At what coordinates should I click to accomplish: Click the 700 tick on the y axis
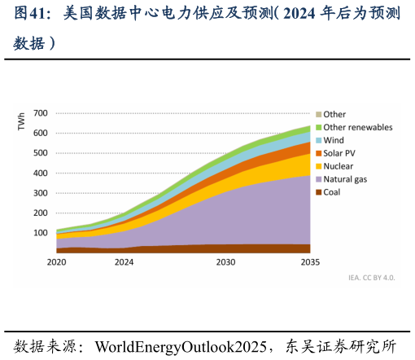click(x=41, y=113)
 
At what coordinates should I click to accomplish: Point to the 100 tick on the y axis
click(x=41, y=233)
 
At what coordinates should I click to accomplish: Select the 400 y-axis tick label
click(x=41, y=173)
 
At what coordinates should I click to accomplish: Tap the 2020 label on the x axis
click(x=56, y=262)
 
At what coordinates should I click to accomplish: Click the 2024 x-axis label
click(x=124, y=262)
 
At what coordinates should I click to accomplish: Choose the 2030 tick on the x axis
click(x=225, y=262)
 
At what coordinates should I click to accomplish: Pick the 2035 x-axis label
click(x=309, y=262)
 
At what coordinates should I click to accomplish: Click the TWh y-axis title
click(x=21, y=122)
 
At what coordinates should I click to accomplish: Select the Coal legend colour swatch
click(x=319, y=192)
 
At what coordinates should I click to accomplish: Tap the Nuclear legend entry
click(x=340, y=166)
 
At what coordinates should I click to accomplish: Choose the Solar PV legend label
click(x=339, y=153)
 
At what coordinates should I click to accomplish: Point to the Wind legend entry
click(x=334, y=140)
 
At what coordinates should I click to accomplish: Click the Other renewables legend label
click(x=358, y=127)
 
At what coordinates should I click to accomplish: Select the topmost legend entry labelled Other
click(x=334, y=114)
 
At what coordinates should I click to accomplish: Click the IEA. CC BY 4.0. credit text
click(x=371, y=278)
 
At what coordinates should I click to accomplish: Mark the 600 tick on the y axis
click(x=41, y=133)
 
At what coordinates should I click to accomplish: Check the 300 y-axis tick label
click(x=41, y=193)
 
